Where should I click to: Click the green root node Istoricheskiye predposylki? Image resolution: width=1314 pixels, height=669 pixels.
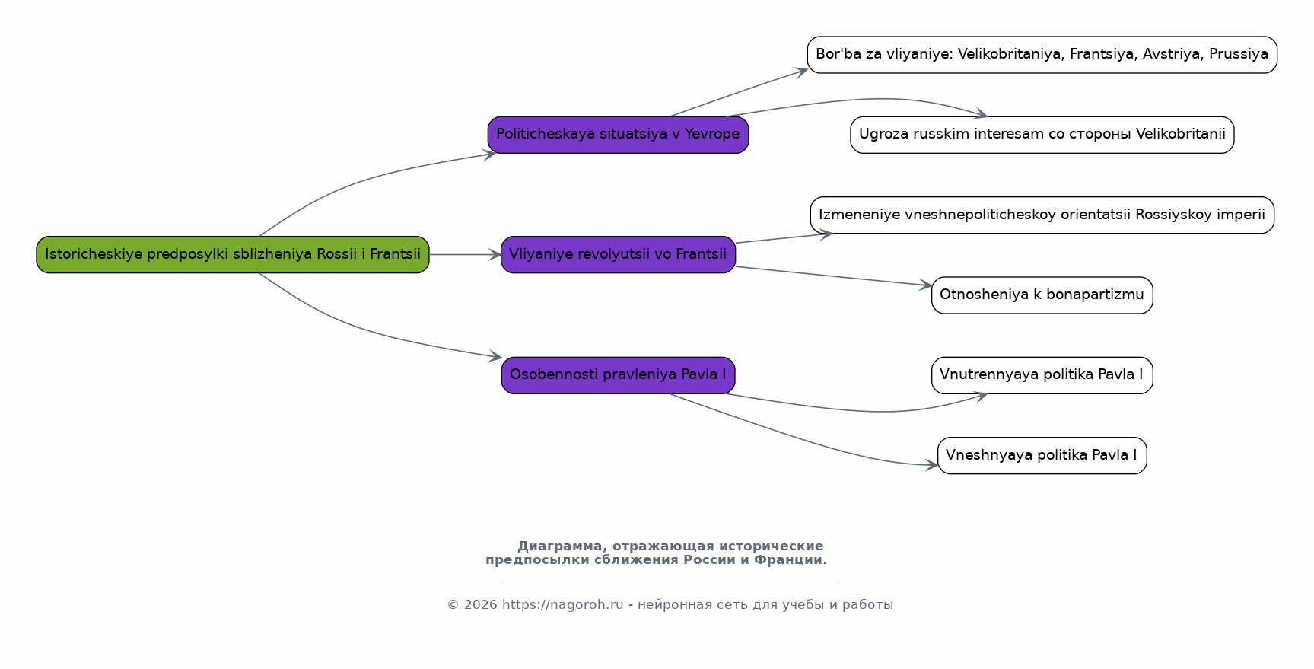[x=233, y=255]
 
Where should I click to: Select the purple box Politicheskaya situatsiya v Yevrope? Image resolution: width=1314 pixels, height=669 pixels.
[x=618, y=135]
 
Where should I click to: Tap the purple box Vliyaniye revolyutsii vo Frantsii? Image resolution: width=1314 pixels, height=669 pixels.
[x=618, y=255]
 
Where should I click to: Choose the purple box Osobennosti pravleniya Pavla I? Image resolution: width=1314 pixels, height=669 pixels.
[x=618, y=375]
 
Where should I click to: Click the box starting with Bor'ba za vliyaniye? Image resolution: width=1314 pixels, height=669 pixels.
[x=1042, y=55]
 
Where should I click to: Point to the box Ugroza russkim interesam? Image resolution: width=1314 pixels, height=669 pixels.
[x=1042, y=135]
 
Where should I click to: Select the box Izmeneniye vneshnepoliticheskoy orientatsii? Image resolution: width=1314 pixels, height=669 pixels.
[x=1042, y=215]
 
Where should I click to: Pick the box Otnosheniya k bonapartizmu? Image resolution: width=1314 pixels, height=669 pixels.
[x=1042, y=295]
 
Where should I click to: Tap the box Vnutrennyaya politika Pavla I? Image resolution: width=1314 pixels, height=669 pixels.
[x=1042, y=375]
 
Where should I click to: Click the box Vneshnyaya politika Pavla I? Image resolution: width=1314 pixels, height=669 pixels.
[x=1042, y=456]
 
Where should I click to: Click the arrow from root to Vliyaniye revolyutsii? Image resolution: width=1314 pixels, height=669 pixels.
[x=464, y=255]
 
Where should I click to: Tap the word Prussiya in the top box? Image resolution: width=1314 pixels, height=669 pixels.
[x=1239, y=55]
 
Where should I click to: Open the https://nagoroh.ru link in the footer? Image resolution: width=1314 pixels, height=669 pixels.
[x=562, y=605]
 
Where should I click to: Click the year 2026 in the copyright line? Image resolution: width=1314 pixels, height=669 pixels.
[x=480, y=605]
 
